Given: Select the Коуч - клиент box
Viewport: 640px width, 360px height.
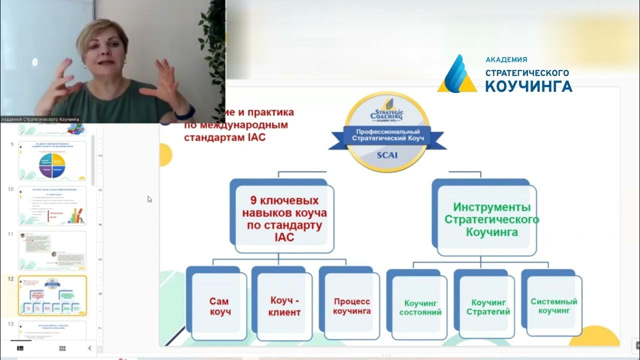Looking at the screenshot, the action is [x=285, y=306].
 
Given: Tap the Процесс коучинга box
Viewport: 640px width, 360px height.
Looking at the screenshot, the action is [x=352, y=306].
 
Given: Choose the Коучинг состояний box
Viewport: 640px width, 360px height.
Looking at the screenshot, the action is [x=420, y=307].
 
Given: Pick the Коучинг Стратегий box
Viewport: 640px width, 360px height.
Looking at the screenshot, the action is [x=488, y=307].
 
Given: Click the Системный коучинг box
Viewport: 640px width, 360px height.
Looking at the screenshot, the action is [x=554, y=305].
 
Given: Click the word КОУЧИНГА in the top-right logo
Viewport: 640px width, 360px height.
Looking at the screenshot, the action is [x=528, y=86].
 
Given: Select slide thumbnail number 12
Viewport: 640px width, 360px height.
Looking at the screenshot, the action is [x=52, y=295].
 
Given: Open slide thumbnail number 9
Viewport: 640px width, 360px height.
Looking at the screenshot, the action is [x=52, y=160].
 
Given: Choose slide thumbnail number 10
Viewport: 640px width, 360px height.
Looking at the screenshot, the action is [x=52, y=205].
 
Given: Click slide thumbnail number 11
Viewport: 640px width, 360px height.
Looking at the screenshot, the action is [x=52, y=250].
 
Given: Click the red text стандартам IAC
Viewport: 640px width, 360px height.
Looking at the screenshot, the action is [x=224, y=136].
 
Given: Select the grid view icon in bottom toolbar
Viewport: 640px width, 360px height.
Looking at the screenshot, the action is [x=62, y=348].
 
